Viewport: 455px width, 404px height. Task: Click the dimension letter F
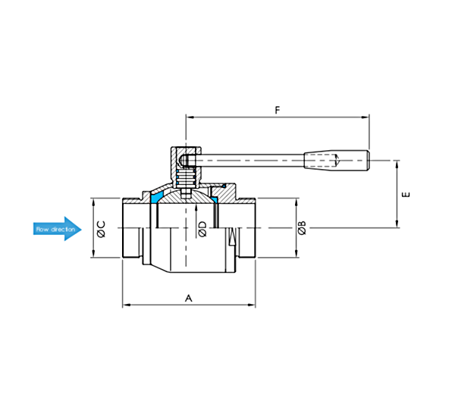coord(278,110)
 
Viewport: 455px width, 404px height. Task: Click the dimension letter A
coord(189,298)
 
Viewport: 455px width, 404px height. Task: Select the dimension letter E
coord(406,194)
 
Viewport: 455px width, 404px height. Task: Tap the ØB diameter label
coord(302,227)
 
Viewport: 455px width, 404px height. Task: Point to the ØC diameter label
coord(102,230)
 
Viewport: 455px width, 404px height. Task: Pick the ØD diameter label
coord(202,229)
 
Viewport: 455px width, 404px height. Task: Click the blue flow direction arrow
coord(58,229)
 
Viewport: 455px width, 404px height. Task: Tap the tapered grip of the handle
coord(337,160)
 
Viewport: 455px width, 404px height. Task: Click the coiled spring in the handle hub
coord(186,179)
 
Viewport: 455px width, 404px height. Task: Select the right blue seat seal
coord(215,199)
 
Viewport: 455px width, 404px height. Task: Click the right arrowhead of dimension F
coord(366,117)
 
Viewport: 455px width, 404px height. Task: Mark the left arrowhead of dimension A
coord(127,305)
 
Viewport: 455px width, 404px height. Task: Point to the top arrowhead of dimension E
coord(397,164)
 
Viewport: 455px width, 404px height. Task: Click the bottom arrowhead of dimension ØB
coord(297,253)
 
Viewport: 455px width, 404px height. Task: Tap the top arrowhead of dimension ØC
coord(93,202)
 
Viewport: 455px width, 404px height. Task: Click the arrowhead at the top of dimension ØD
coord(196,208)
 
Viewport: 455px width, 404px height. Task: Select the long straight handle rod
coord(249,161)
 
